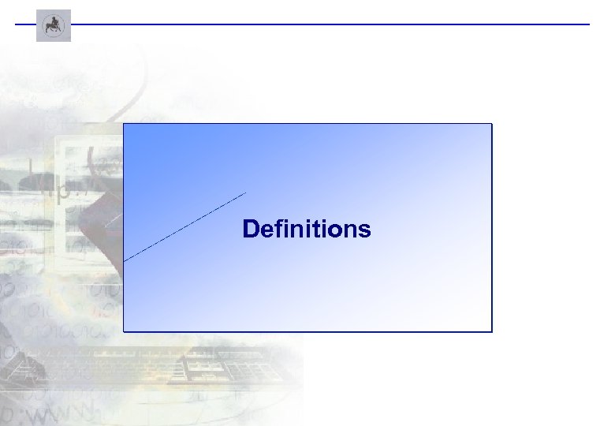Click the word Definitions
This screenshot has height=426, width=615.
pyautogui.click(x=307, y=230)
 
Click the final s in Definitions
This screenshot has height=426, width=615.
pyautogui.click(x=364, y=231)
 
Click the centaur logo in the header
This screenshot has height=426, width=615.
pyautogui.click(x=54, y=25)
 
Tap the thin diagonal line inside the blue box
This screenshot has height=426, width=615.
pyautogui.click(x=185, y=226)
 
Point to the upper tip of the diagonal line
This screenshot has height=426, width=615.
pyautogui.click(x=246, y=192)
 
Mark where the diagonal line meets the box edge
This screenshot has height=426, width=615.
pyautogui.click(x=125, y=260)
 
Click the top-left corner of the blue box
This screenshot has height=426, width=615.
pyautogui.click(x=124, y=124)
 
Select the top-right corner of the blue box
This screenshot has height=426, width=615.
pyautogui.click(x=491, y=124)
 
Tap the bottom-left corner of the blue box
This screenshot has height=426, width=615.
pyautogui.click(x=124, y=331)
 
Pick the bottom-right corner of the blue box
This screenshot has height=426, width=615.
pyautogui.click(x=491, y=331)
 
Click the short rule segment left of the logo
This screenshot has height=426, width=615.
pyautogui.click(x=25, y=24)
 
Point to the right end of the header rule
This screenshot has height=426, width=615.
pyautogui.click(x=588, y=24)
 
